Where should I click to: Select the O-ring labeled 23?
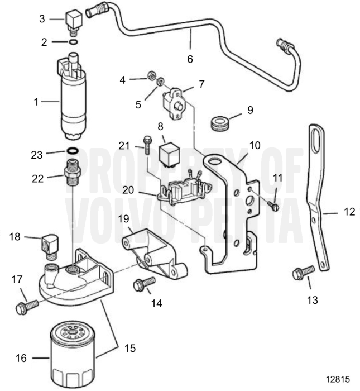72,151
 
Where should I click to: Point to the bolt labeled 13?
303,273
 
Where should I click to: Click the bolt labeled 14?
144,285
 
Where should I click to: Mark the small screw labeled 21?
147,146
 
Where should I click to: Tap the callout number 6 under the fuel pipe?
190,58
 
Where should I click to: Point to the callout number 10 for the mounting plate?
255,146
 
